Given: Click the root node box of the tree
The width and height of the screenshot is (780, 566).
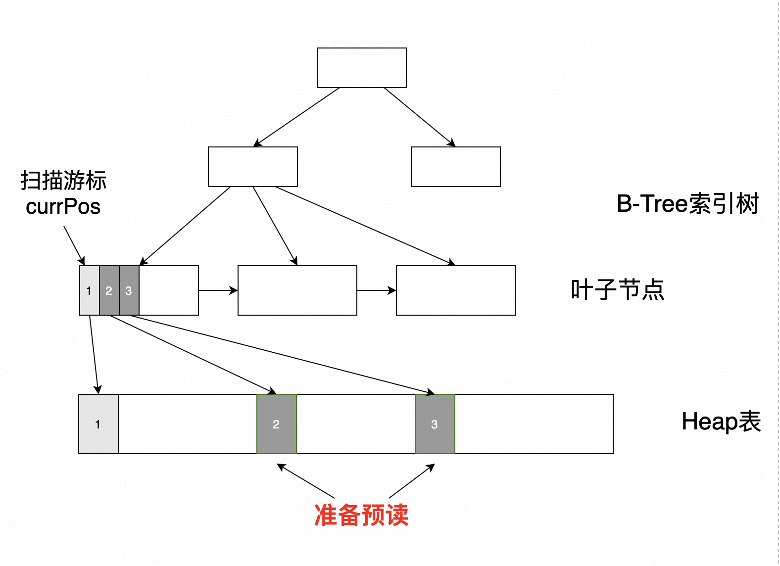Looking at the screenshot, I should [361, 68].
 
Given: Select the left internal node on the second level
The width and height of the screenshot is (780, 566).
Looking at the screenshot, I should [252, 167].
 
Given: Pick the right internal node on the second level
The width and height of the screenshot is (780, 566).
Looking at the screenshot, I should [455, 167].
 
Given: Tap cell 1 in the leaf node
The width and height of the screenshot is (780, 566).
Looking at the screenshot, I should [89, 290].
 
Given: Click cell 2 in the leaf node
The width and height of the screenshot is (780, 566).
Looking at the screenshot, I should [109, 290].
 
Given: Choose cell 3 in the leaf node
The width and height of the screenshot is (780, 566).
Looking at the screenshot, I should [129, 290].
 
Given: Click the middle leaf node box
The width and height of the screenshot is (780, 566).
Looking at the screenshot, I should [297, 290].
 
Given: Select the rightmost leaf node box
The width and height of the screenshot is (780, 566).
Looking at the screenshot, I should [455, 290].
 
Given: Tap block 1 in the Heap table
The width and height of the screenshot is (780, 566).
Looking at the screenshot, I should [98, 424].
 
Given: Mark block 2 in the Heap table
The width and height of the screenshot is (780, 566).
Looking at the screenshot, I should [276, 424].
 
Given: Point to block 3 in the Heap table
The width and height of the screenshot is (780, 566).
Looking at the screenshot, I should [435, 424].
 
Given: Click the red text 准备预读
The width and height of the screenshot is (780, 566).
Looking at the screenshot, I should [361, 515].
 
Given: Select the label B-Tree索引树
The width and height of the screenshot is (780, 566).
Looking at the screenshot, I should [687, 204].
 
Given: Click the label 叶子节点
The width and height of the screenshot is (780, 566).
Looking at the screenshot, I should [617, 290].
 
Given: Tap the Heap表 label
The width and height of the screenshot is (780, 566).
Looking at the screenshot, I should [721, 422].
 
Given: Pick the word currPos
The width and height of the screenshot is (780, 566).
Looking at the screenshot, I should [63, 207].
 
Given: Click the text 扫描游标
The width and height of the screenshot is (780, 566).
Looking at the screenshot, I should [63, 181].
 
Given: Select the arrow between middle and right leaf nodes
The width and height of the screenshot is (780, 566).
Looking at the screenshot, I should [376, 290].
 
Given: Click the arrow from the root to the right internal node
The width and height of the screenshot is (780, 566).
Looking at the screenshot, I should [419, 117].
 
